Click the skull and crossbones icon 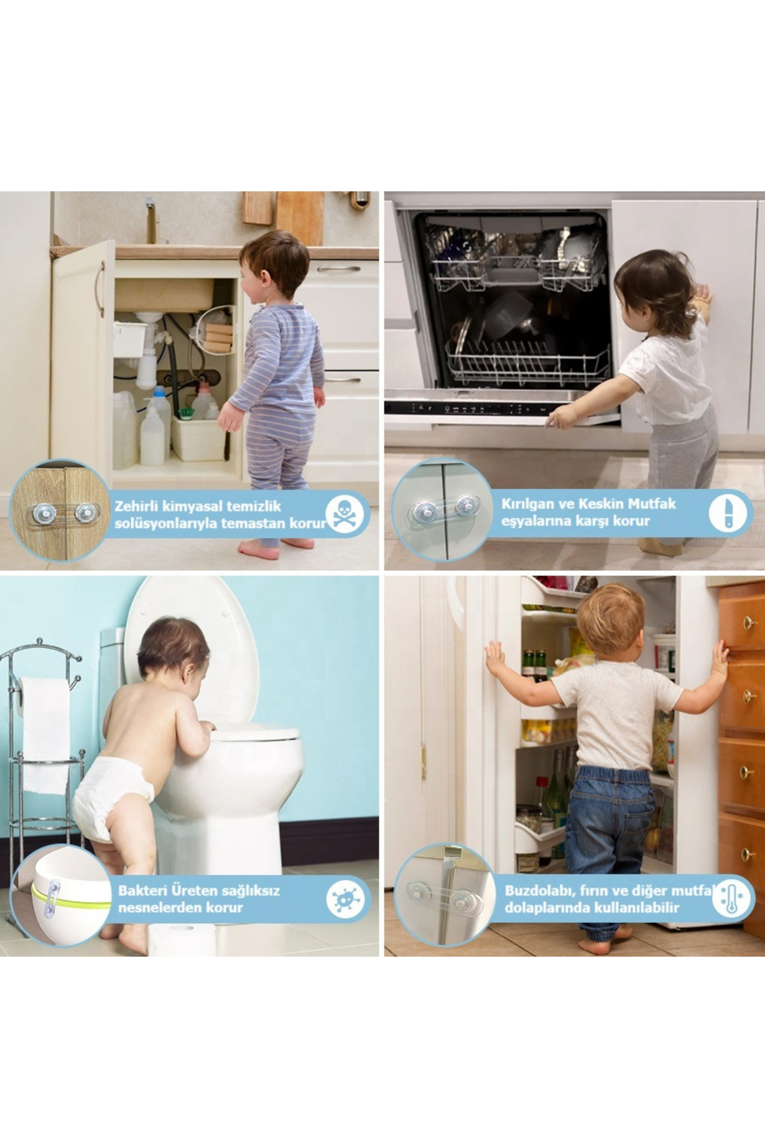344,514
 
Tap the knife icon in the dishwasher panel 727,512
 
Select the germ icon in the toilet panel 345,899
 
